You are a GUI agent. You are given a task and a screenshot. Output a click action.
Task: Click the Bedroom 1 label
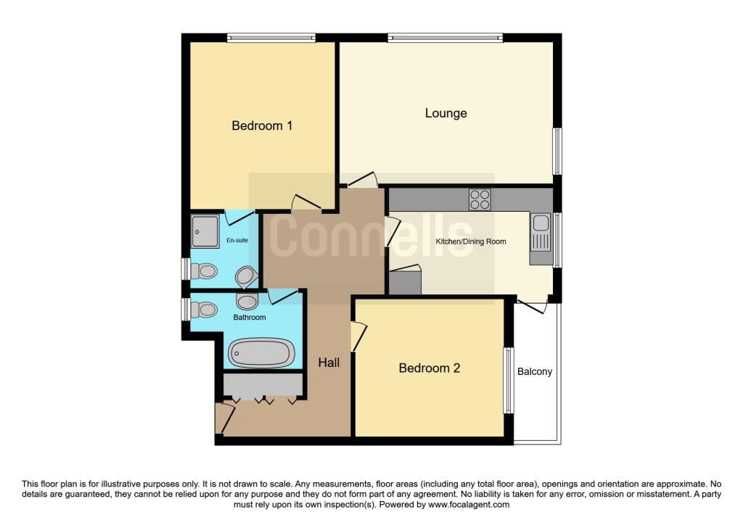point(262,126)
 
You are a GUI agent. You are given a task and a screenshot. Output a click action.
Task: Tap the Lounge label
point(446,113)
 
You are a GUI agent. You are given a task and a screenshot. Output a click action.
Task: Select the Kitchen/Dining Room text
point(470,242)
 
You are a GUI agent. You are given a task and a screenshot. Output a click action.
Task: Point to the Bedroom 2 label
point(430,368)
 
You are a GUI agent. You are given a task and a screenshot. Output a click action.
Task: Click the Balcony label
point(535,372)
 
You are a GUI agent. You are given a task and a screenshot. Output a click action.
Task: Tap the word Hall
point(329,363)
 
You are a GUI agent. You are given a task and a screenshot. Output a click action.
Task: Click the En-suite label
point(237,240)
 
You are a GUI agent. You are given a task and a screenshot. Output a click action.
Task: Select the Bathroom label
point(249,318)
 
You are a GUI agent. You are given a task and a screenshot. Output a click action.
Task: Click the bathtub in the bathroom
point(262,353)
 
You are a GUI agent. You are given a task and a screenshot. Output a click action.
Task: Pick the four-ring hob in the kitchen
point(480,199)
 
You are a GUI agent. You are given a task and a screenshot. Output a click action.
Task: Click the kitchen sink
point(541,232)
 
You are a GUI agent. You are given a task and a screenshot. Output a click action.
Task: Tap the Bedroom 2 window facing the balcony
point(509,380)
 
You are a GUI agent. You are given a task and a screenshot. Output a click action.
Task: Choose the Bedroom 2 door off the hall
point(358,336)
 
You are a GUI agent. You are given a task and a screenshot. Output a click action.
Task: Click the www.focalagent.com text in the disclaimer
point(469,505)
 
